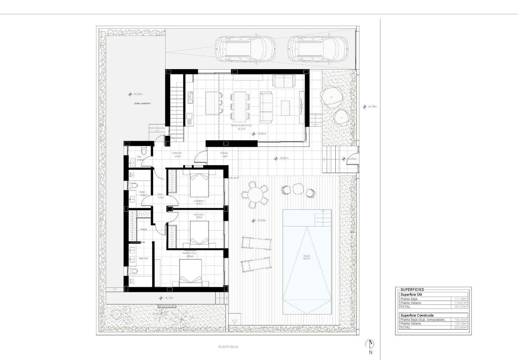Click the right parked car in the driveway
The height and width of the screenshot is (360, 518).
[x=317, y=48]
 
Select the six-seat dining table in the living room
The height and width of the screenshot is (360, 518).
[x=238, y=104]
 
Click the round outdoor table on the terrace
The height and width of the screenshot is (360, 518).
[x=255, y=196]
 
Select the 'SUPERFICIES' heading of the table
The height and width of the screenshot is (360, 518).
[x=412, y=290]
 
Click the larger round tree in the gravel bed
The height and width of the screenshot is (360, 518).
[x=332, y=96]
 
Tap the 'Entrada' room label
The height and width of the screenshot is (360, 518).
[x=224, y=155]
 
